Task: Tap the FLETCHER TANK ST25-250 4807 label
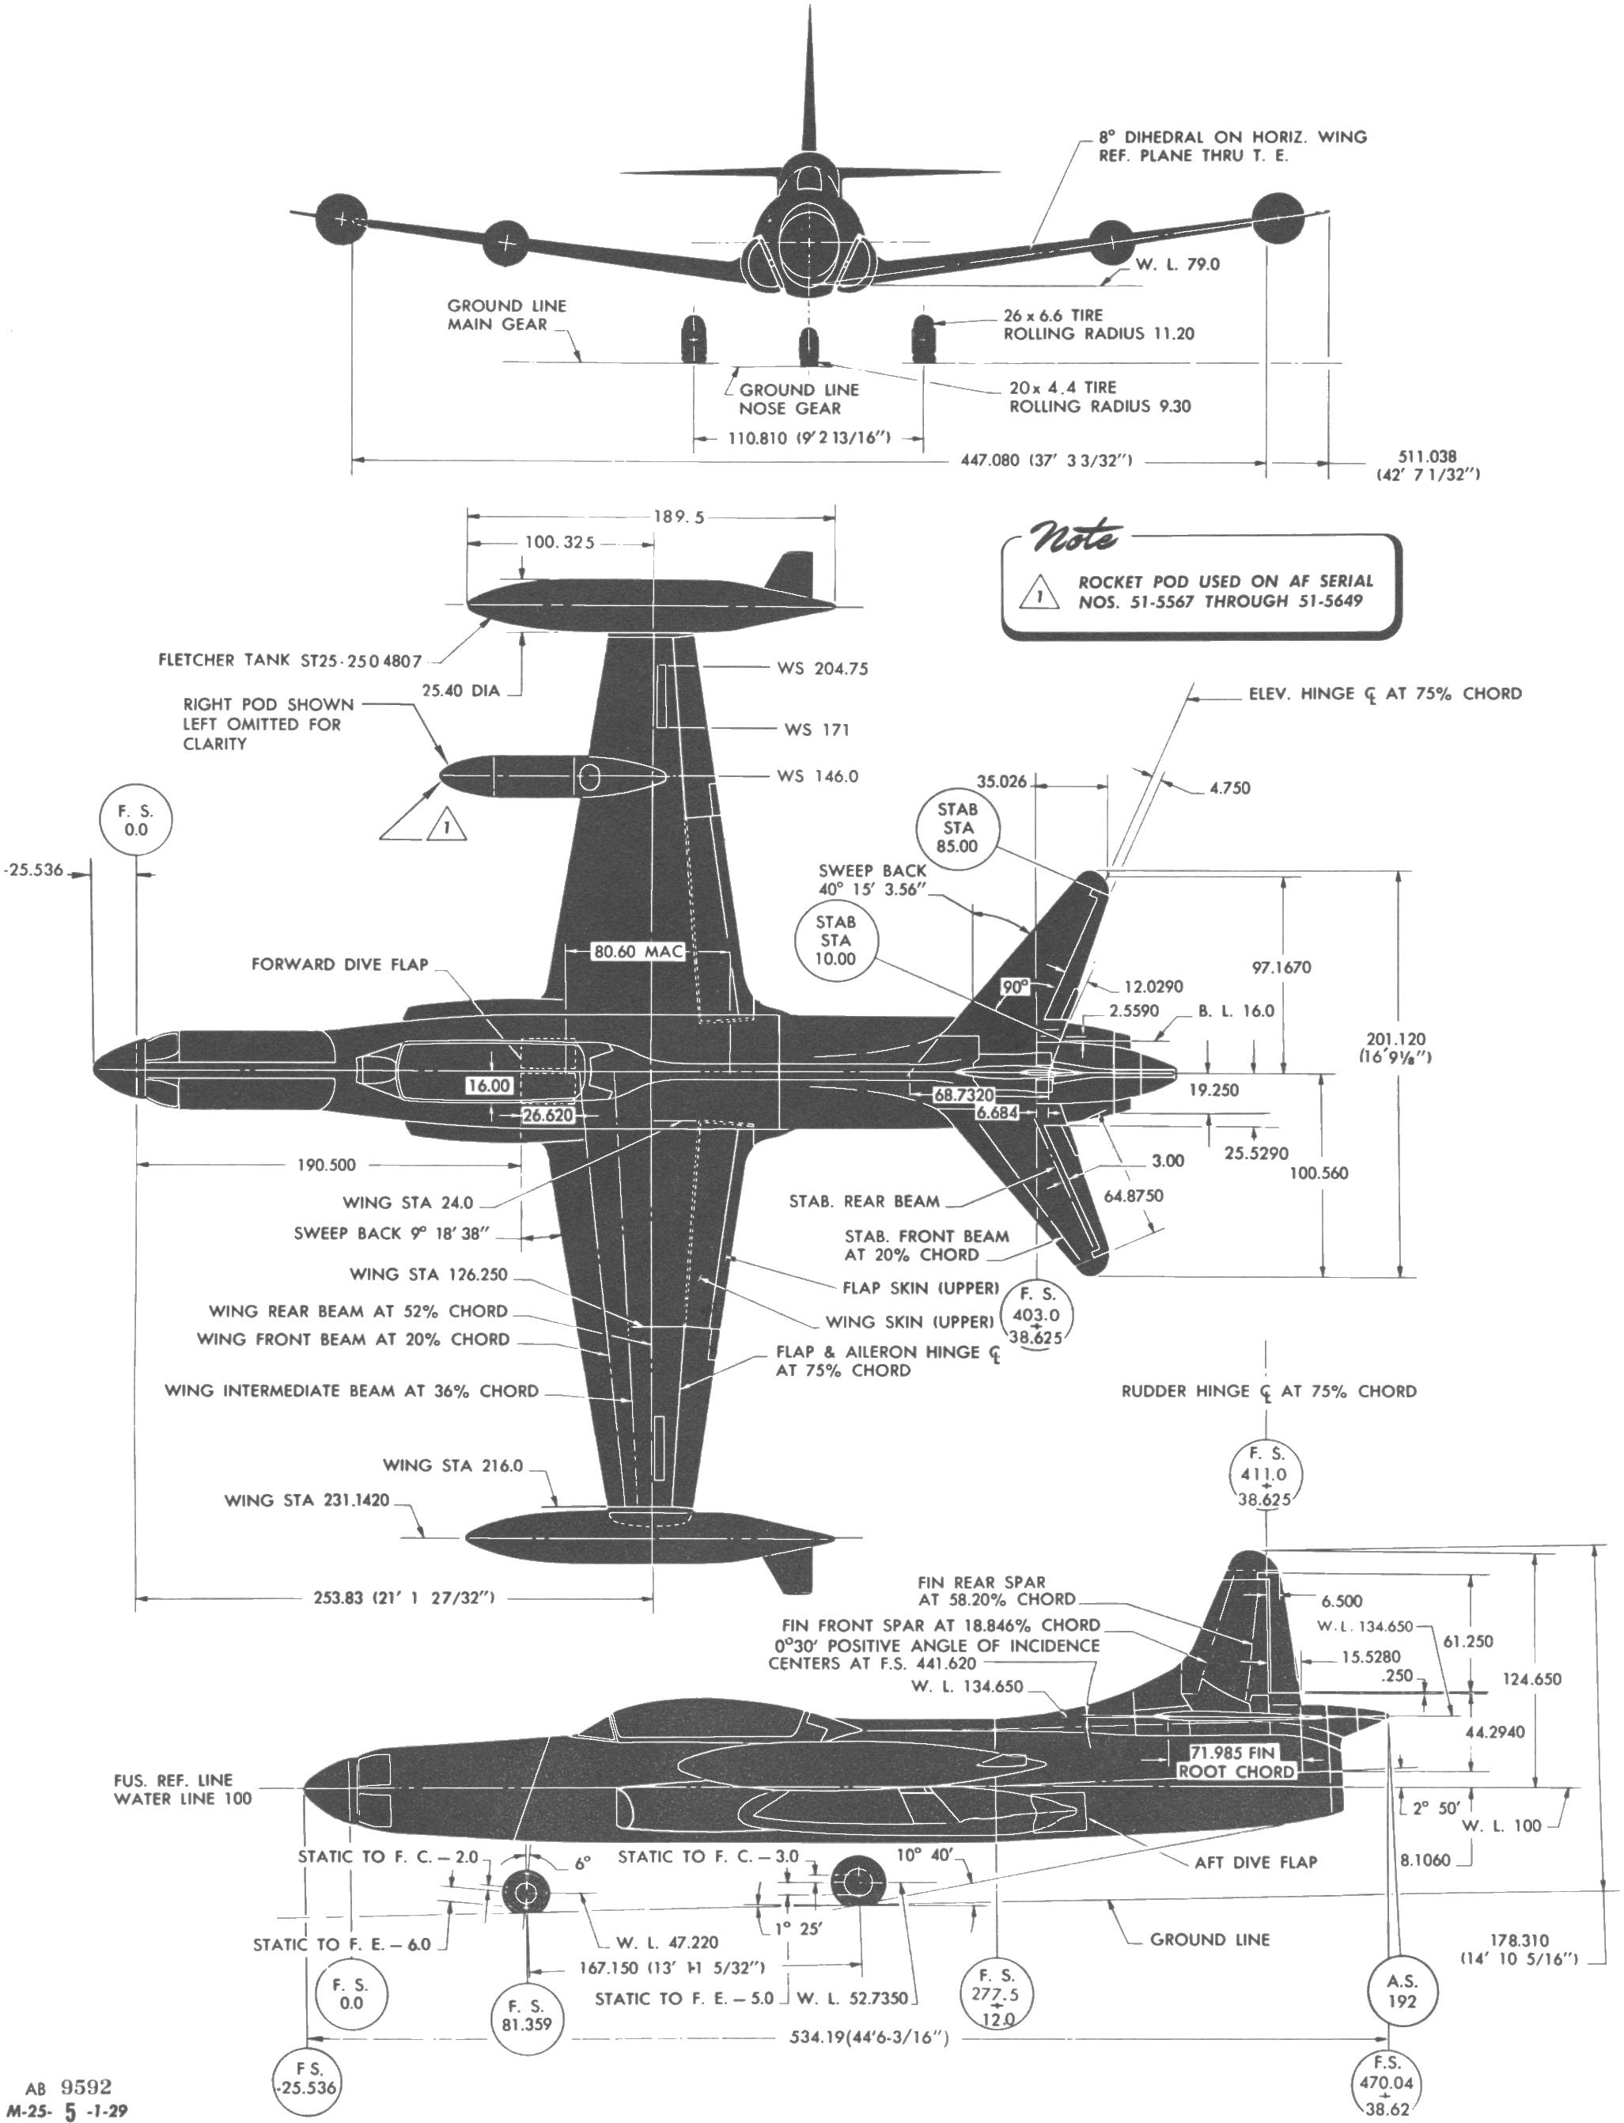tap(290, 660)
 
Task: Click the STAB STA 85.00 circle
tap(957, 828)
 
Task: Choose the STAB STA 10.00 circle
tap(835, 941)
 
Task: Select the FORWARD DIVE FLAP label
tap(339, 964)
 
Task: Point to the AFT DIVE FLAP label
tap(1255, 1862)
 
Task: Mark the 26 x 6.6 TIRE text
tap(1053, 315)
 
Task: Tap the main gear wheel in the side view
tap(857, 1882)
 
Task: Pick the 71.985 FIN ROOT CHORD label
tap(1236, 1761)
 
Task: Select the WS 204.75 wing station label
tap(822, 668)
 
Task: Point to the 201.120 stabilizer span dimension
tap(1394, 1048)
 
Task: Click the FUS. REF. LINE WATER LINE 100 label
tap(183, 1788)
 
